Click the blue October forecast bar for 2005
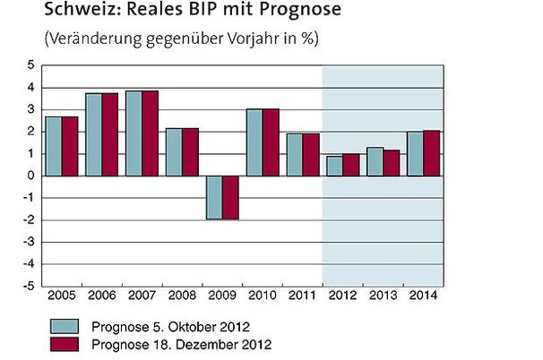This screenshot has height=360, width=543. (x=53, y=146)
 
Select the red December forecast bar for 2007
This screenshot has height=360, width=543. (x=150, y=133)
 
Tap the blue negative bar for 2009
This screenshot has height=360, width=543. (x=214, y=197)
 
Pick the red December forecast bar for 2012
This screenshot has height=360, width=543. (x=349, y=165)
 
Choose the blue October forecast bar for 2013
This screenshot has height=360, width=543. (x=374, y=161)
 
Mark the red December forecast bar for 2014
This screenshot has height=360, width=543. (x=430, y=153)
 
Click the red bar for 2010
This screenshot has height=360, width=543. (x=270, y=141)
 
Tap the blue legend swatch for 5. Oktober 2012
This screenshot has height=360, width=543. (x=67, y=325)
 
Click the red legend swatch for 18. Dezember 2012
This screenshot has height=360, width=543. (x=67, y=343)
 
